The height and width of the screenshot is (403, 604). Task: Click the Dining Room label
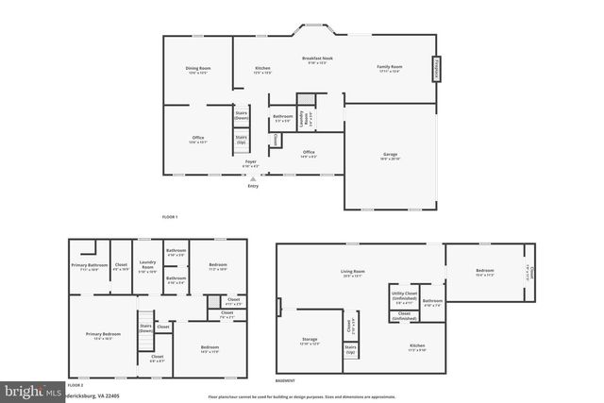click(x=198, y=69)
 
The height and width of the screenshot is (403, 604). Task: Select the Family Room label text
click(x=390, y=68)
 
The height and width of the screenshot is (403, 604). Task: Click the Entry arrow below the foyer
click(x=252, y=177)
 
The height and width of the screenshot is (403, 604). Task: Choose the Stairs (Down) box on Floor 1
click(x=242, y=116)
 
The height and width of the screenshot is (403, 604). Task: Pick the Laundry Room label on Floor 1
click(x=303, y=119)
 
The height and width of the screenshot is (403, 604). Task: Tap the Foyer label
click(x=251, y=162)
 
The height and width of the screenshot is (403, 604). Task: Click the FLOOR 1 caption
click(x=170, y=217)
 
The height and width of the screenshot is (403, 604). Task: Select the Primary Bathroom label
click(x=91, y=266)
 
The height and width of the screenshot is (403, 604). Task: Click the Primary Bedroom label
click(x=103, y=336)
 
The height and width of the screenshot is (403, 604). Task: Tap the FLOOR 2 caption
click(x=75, y=386)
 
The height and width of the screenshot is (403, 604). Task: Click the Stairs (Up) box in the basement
click(x=350, y=351)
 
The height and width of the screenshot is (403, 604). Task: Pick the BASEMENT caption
click(x=284, y=380)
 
